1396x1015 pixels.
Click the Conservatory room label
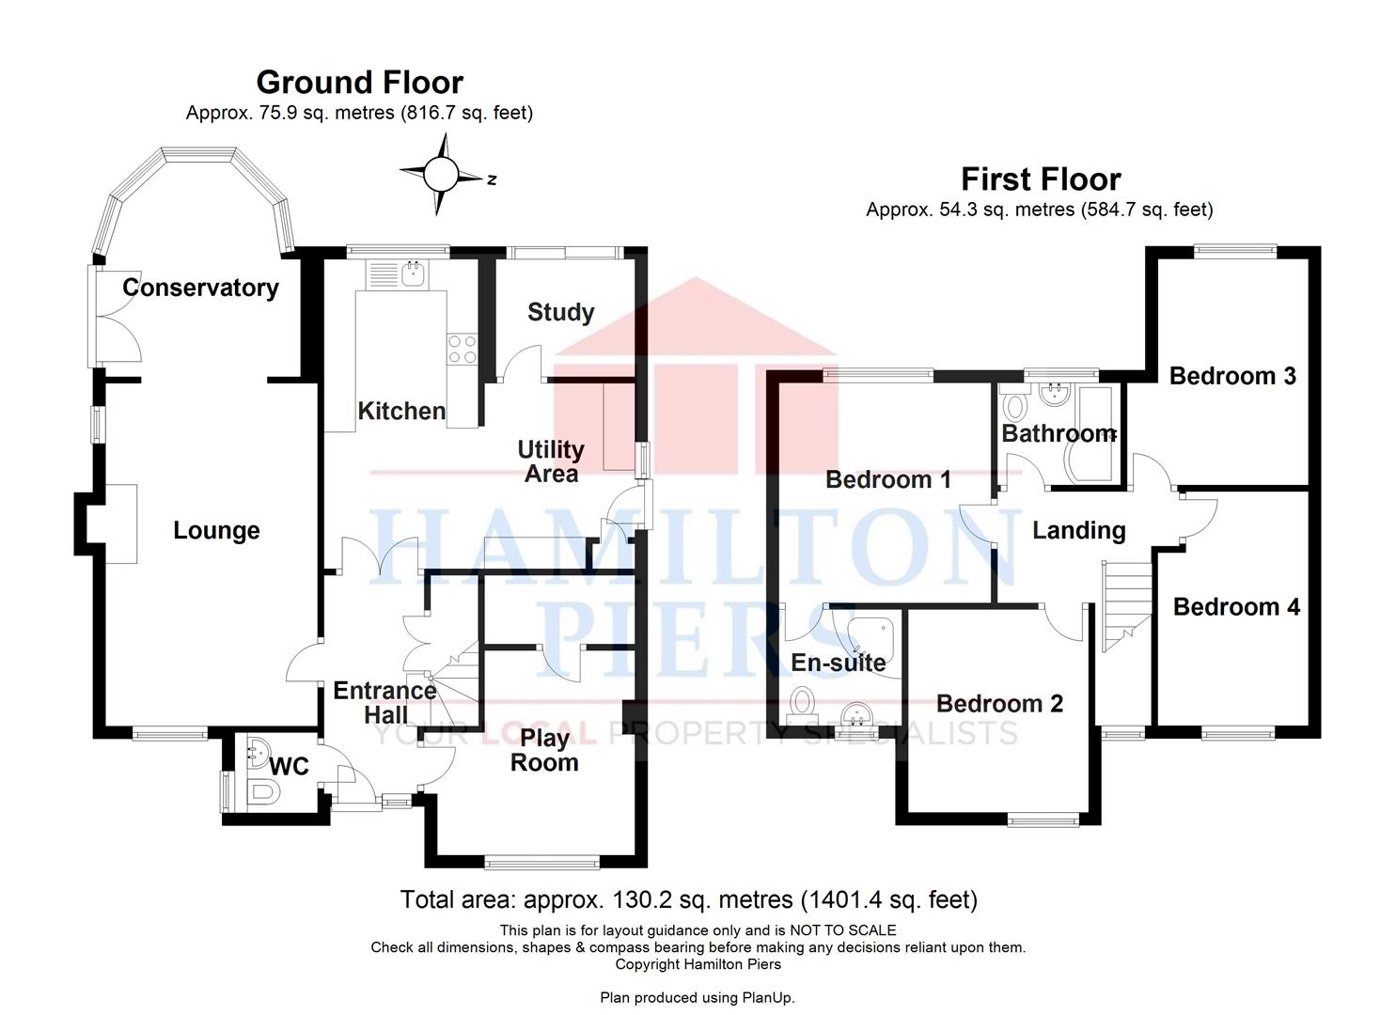pyautogui.click(x=200, y=289)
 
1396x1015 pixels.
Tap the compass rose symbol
pyautogui.click(x=442, y=175)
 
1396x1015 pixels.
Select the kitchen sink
pyautogui.click(x=414, y=273)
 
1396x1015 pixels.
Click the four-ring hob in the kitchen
pyautogui.click(x=463, y=349)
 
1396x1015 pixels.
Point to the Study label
pyautogui.click(x=561, y=312)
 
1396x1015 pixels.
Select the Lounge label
pyautogui.click(x=216, y=530)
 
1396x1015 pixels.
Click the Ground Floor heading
pyautogui.click(x=360, y=83)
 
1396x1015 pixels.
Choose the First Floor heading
pyautogui.click(x=1041, y=180)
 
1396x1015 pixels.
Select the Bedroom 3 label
pyautogui.click(x=1232, y=376)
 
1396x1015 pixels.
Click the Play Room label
pyautogui.click(x=544, y=750)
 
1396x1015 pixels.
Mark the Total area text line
pyautogui.click(x=689, y=899)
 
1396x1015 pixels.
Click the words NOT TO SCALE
pyautogui.click(x=842, y=930)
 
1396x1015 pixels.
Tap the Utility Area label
pyautogui.click(x=551, y=461)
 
